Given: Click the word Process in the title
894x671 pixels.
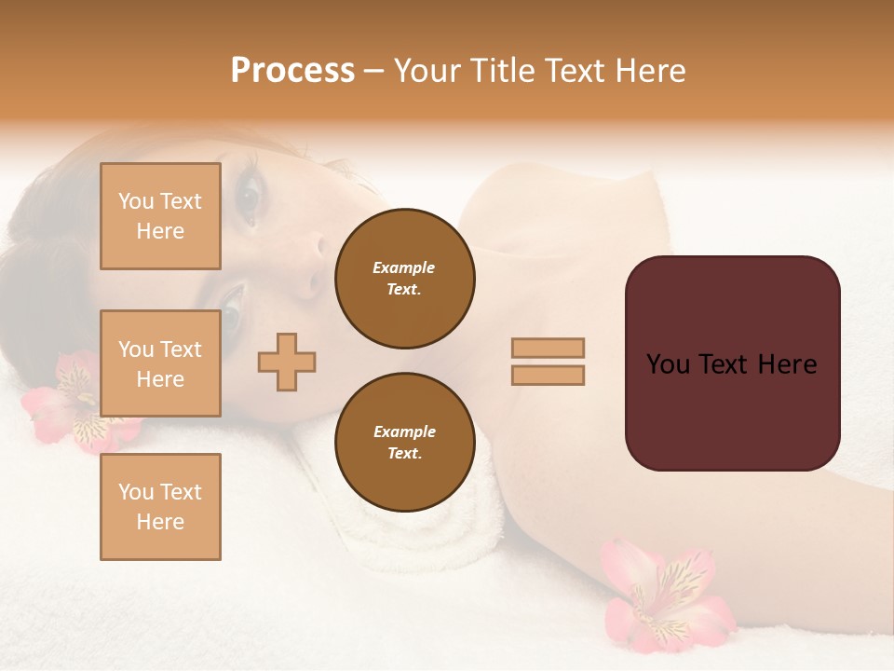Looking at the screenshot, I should coord(292,71).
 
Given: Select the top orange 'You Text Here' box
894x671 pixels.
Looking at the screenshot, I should coord(160,216).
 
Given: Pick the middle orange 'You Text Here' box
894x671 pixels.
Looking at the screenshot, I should coord(160,363).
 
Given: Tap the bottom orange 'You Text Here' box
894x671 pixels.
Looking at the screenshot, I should coord(160,507).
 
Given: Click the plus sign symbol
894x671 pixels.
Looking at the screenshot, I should coord(287,362).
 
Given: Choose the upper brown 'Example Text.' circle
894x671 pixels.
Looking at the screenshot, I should coord(404,279).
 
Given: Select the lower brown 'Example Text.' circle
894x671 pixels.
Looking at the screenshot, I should coord(404,443).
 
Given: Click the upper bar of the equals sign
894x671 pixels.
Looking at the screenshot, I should coord(549,348).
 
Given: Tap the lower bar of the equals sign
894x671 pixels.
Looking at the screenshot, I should coord(549,375).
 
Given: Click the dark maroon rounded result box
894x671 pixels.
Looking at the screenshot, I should coord(732,363).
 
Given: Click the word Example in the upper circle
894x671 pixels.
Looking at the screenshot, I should coord(404,268).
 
